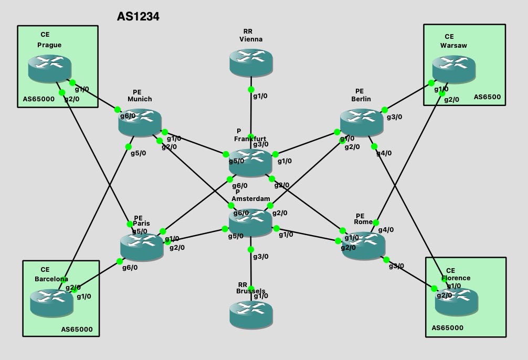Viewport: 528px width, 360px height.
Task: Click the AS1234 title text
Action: [138, 17]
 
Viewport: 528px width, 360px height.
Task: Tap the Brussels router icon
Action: [251, 313]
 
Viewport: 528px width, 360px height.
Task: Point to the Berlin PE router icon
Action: [361, 122]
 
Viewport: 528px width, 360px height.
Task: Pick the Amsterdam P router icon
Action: [250, 222]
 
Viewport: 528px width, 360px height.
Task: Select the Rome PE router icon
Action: [364, 244]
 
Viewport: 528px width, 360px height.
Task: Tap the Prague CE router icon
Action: [49, 68]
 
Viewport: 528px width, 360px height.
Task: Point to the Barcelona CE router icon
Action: [51, 302]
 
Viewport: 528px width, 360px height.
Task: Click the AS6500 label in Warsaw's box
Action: [487, 97]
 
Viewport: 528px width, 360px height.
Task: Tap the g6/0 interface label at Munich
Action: [128, 115]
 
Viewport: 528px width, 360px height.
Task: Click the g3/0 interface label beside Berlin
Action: [394, 117]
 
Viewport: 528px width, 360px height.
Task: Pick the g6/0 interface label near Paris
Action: [130, 267]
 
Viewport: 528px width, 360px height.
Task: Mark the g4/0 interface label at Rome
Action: [386, 229]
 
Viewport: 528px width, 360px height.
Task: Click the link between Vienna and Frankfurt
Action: [251, 113]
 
